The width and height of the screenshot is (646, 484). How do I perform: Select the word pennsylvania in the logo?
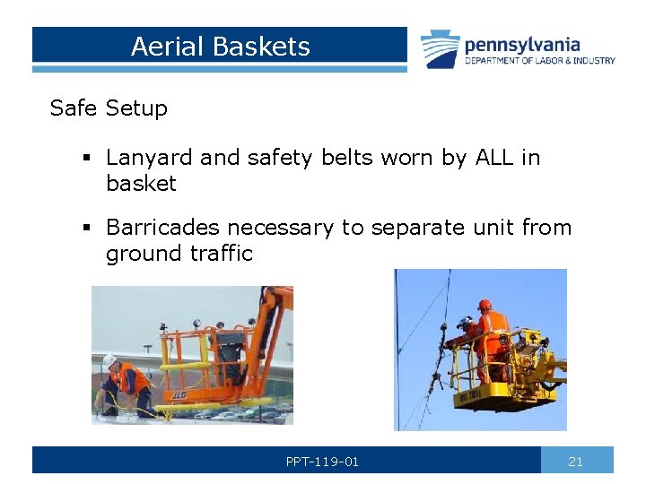[x=522, y=44]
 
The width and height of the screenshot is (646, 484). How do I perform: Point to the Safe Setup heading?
[x=109, y=108]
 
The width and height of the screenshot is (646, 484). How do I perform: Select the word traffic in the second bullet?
[x=222, y=254]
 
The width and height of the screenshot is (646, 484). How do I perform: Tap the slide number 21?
[x=576, y=462]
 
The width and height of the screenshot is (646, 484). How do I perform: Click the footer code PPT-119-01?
[x=322, y=462]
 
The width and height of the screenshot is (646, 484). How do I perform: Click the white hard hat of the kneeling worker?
[x=109, y=360]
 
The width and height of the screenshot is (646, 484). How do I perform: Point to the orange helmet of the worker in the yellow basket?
[x=484, y=305]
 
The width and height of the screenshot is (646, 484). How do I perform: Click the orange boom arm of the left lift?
[x=269, y=309]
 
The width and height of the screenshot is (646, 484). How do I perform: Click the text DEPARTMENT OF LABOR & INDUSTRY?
[x=539, y=61]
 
